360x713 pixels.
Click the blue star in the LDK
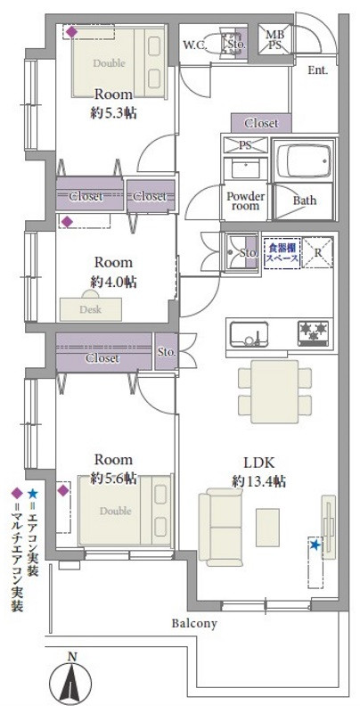pos(315,545)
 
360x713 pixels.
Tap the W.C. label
pos(195,45)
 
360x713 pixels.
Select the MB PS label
pos(274,39)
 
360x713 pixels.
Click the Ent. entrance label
pos(318,70)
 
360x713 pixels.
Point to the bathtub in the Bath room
pos(302,161)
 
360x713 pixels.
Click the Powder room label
pos(245,201)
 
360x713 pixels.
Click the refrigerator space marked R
pos(318,252)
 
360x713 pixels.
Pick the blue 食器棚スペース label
pos(282,252)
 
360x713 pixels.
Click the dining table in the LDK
pos(275,391)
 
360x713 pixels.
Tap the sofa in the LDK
pos(220,527)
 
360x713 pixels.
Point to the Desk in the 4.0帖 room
pos(91,308)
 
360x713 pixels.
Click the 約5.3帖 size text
pos(114,113)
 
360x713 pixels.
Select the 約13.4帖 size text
pos(258,481)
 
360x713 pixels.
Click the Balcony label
pos(194,623)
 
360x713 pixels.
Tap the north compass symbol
pos(70,680)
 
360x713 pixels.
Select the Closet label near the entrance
pos(261,123)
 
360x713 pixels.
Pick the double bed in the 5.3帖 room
pos(119,62)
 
